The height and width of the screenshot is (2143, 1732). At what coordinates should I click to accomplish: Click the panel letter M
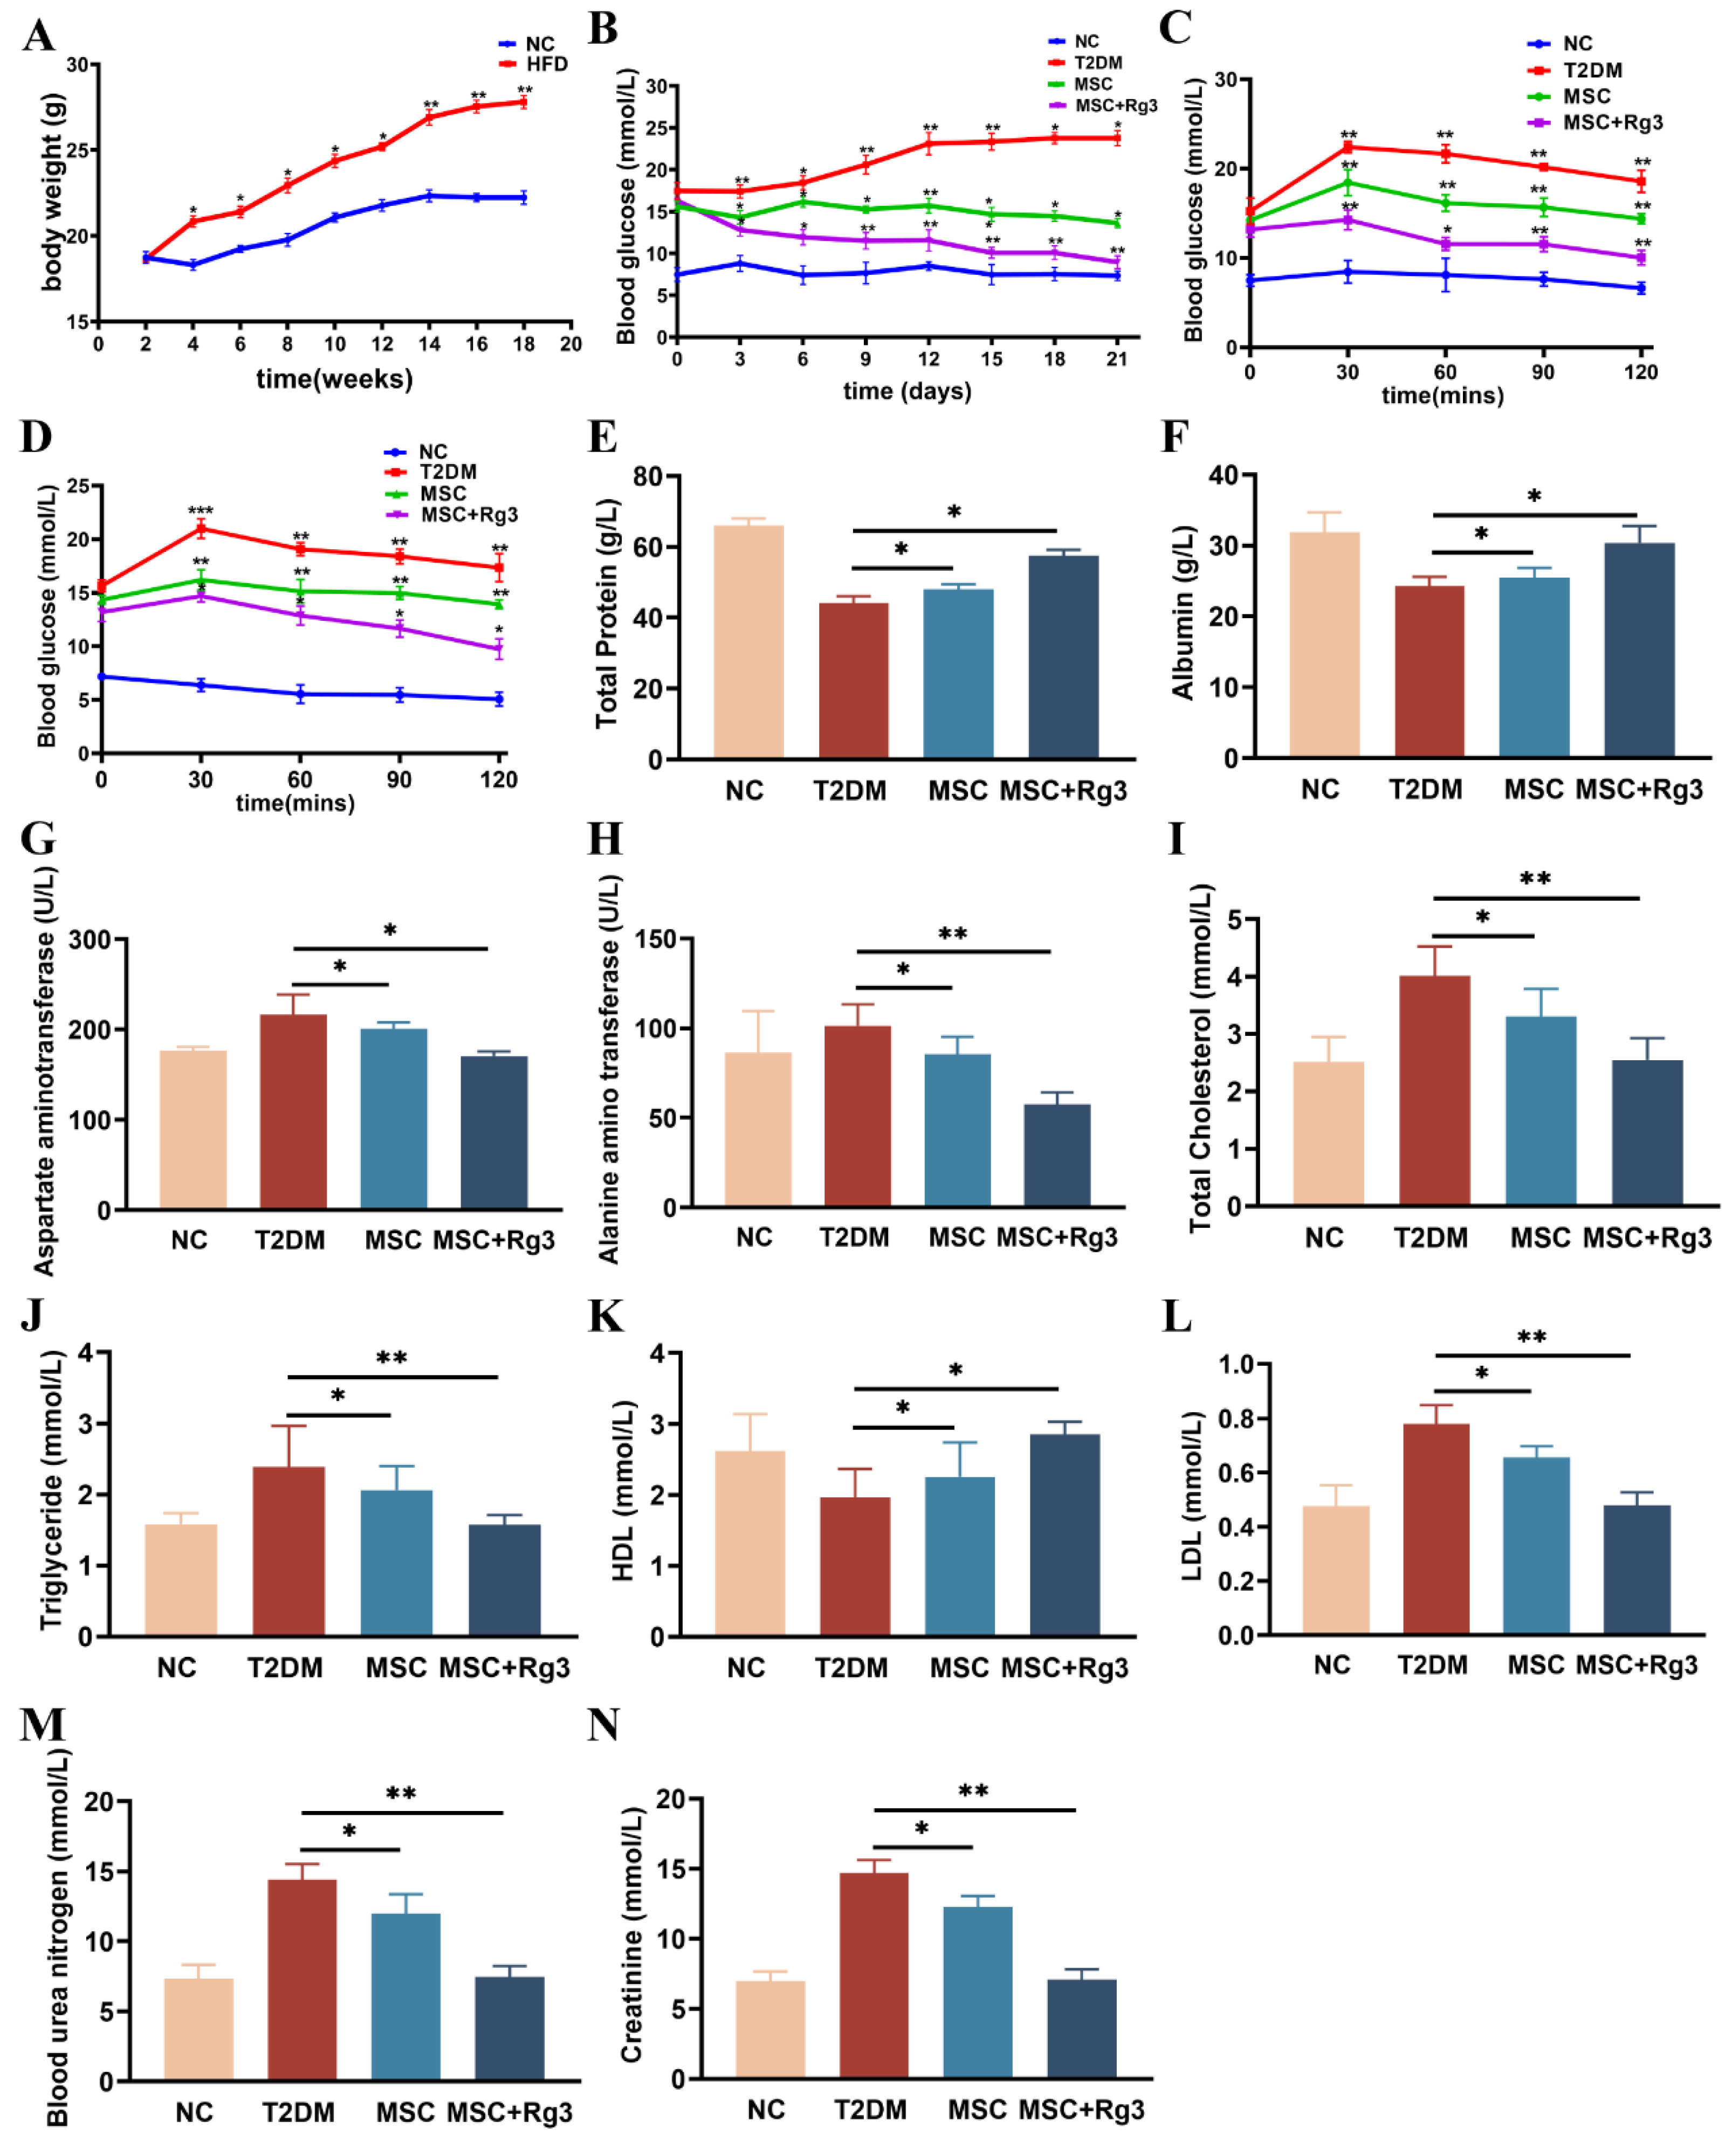42,1724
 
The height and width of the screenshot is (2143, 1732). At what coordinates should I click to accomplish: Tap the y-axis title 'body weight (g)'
52,192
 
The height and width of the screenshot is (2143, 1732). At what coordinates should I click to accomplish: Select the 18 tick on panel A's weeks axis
524,344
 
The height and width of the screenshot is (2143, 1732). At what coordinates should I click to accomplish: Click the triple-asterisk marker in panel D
201,511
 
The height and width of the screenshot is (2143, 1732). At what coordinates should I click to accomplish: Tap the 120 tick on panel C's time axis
1640,372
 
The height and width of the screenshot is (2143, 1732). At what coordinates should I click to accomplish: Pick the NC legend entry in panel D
432,452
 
